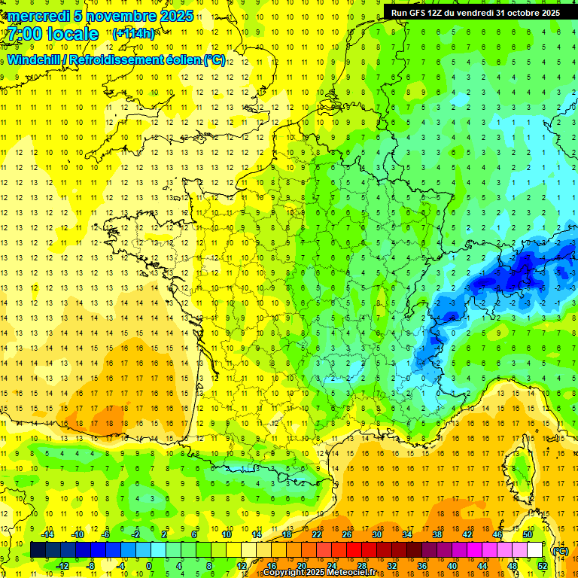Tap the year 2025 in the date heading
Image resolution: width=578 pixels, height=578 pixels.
[x=172, y=16]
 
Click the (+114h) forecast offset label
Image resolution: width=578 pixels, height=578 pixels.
[x=133, y=34]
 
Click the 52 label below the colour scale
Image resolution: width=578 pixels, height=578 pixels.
[x=543, y=566]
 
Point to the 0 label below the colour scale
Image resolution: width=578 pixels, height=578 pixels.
[x=148, y=566]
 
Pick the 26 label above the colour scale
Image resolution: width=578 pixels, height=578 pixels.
[x=347, y=534]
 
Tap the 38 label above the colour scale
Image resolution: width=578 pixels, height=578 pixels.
[x=437, y=534]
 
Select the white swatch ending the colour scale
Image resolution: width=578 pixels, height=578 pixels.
[x=535, y=550]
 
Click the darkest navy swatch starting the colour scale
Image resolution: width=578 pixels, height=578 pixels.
[x=38, y=550]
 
